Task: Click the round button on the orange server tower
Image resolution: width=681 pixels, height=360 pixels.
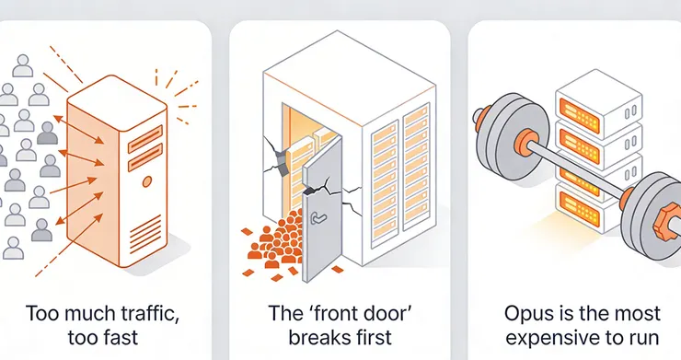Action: tap(147, 181)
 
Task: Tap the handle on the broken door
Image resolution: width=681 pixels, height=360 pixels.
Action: tap(317, 217)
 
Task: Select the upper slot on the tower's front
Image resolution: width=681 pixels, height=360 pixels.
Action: tap(145, 139)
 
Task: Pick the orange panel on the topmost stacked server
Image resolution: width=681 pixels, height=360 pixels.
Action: tap(580, 116)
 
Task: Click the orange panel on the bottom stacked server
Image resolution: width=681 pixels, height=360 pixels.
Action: tap(580, 209)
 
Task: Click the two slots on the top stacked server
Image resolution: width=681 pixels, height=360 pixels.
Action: tap(630, 111)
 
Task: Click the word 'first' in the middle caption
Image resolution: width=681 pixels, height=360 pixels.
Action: tap(373, 337)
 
